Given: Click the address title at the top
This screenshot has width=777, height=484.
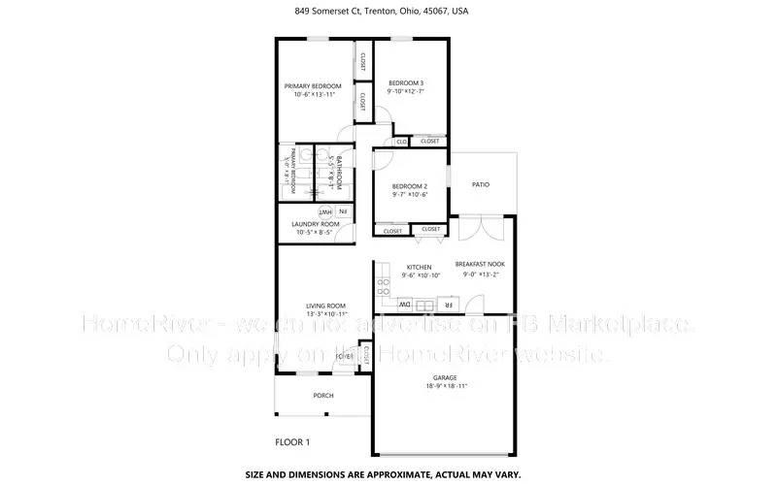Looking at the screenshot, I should pos(388,12).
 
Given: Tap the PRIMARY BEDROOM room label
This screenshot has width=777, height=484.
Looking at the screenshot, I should pos(313,86).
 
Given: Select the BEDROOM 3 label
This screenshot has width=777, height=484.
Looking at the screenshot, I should pos(407,83).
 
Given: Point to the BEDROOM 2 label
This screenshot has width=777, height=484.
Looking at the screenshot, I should pos(410,186).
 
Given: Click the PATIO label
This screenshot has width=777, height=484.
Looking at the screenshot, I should pos(480,183).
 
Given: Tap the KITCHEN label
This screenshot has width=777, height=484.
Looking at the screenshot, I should pos(419,267).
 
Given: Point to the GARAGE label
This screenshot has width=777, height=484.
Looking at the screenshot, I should pos(446,377).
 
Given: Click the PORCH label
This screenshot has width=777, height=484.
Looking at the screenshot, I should pos(322,396).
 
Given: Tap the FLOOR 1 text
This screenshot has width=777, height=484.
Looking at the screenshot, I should pos(292,442).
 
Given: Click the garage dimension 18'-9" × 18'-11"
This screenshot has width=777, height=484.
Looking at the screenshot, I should pos(446,386).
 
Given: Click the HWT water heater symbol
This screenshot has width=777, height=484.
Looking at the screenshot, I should pos(325,211).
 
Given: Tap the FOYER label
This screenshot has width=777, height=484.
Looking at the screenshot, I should pos(344,356).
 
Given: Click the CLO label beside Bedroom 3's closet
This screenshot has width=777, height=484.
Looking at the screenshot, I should pos(401,142).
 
